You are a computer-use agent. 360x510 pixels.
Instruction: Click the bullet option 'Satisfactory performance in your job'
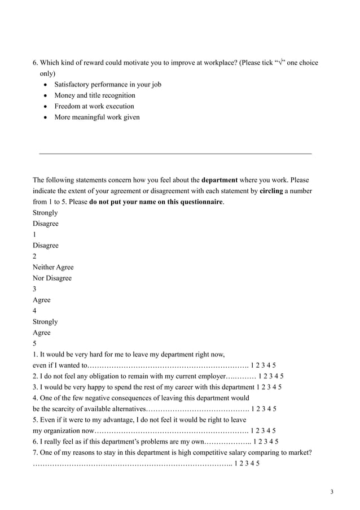[x=107, y=85]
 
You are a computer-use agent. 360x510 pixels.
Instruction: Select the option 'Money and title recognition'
[x=94, y=95]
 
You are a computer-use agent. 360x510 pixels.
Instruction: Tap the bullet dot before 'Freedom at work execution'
[x=46, y=107]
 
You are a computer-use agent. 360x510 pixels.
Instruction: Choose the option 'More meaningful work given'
[x=96, y=117]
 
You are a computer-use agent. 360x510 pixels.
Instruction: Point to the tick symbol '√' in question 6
[x=281, y=63]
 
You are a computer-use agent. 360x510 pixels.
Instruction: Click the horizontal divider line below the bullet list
[x=175, y=154]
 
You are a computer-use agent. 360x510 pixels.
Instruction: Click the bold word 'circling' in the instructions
[x=271, y=191]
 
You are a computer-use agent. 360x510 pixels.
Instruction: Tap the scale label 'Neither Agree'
[x=53, y=267]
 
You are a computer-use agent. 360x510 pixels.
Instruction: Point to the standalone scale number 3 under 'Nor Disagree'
[x=34, y=289]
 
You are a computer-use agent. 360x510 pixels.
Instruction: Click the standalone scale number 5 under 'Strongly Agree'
[x=34, y=343]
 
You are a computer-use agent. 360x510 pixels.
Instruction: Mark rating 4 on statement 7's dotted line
[x=252, y=464]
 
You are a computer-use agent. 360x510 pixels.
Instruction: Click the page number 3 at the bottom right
[x=332, y=492]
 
